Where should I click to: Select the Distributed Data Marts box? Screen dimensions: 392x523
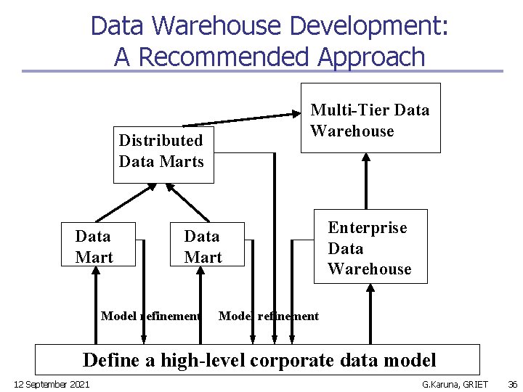161,151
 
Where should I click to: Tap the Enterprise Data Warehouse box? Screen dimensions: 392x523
370,248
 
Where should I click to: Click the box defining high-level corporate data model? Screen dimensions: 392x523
259,360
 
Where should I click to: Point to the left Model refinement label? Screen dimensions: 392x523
150,316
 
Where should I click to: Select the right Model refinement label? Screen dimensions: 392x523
269,316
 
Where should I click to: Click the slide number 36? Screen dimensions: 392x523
511,383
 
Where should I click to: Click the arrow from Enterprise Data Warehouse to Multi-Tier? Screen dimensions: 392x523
366,181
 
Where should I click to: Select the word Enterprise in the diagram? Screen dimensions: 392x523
368,228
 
